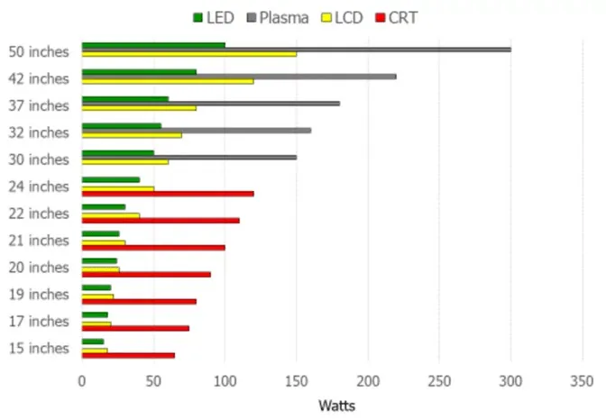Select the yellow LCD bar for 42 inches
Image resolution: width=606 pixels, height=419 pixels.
(x=167, y=81)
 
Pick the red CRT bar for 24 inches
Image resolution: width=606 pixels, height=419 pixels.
(x=167, y=193)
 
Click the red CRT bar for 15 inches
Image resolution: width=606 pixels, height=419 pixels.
(x=128, y=355)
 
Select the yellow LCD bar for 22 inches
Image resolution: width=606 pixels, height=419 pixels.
(x=110, y=215)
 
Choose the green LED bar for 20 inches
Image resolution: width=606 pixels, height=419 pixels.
(x=99, y=261)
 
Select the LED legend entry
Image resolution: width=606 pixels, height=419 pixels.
(x=213, y=17)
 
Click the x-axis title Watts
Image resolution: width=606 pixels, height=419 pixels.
(x=331, y=405)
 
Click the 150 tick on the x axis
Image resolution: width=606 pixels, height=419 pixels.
(x=296, y=380)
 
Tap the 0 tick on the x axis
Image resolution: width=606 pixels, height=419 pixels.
(x=82, y=380)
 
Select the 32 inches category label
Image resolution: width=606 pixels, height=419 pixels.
(x=38, y=132)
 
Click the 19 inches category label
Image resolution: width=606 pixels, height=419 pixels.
(x=38, y=295)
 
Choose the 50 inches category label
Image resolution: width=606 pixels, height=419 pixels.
(x=38, y=51)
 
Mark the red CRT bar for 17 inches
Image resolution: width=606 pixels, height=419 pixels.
(x=135, y=328)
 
